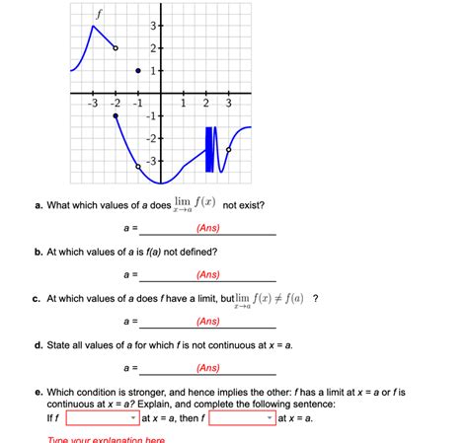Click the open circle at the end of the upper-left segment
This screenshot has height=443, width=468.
[x=116, y=47]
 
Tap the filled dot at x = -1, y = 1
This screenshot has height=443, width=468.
[x=138, y=70]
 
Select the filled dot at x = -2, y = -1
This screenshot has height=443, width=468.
[x=116, y=115]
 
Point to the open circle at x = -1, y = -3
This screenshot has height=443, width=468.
[x=138, y=166]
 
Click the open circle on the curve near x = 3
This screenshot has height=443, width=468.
[x=229, y=149]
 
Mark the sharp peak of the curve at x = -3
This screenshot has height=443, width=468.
[x=93, y=26]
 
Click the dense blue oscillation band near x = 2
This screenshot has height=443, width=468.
[x=209, y=148]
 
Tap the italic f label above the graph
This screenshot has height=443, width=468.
[x=97, y=12]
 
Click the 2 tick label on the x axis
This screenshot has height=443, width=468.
[x=205, y=103]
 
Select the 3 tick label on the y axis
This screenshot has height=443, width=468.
[x=153, y=26]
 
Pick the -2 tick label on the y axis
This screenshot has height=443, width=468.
[x=151, y=138]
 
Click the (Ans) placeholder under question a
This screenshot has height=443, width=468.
[x=207, y=228]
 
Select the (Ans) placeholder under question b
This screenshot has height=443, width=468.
[x=207, y=274]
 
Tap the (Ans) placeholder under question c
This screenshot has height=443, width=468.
[x=207, y=321]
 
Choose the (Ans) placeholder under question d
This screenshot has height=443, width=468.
[x=207, y=367]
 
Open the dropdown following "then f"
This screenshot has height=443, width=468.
[x=240, y=418]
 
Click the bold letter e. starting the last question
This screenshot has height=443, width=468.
[x=37, y=392]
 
